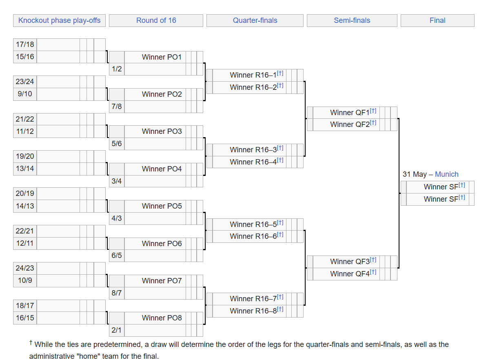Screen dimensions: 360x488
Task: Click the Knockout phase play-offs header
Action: coord(59,20)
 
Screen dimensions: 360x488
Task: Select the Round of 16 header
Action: coord(156,20)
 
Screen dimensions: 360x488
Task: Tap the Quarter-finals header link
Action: coord(255,20)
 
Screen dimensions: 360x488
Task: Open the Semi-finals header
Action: coord(352,20)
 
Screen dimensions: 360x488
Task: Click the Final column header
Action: coord(437,20)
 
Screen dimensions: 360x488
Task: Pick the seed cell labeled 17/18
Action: coord(25,44)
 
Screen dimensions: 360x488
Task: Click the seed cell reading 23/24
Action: coord(25,82)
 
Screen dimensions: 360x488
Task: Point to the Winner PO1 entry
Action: coord(162,57)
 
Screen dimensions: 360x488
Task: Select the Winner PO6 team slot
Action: coord(162,244)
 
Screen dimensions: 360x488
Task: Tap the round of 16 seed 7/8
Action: coord(117,107)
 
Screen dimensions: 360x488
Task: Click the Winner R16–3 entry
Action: coord(253,150)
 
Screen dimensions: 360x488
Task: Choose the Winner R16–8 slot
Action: coord(253,311)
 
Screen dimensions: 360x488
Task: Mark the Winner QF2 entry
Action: coord(350,124)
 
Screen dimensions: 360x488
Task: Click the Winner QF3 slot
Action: coord(350,262)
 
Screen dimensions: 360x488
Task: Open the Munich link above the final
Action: coord(446,174)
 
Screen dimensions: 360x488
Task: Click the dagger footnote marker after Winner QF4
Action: coord(373,272)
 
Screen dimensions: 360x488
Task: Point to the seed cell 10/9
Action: coord(25,281)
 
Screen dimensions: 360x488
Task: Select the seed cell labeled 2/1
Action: coord(117,330)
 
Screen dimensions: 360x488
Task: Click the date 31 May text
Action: coord(415,174)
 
